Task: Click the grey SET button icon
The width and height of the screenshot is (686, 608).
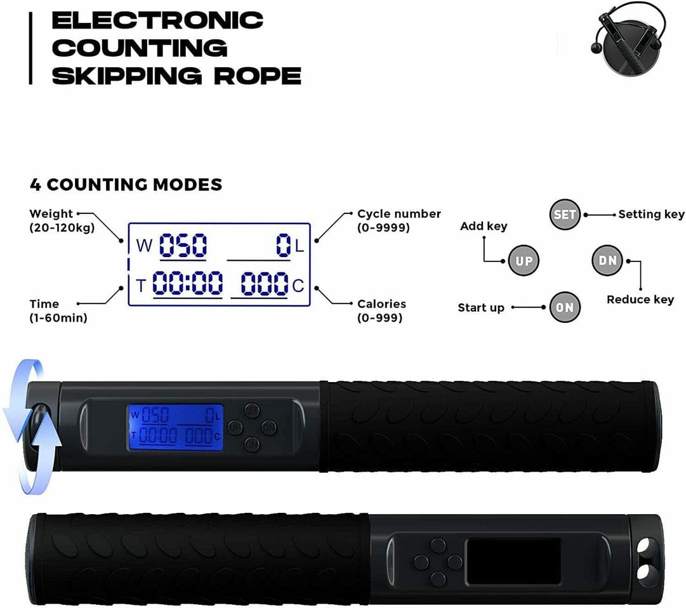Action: (565, 215)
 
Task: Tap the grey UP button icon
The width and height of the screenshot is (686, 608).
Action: (524, 261)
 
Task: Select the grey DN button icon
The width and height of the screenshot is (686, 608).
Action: (607, 260)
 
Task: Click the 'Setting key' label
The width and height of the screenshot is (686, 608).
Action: (651, 215)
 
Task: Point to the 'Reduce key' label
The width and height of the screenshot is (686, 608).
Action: (640, 300)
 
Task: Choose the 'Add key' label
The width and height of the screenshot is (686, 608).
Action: (484, 226)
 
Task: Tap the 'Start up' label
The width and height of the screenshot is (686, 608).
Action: (481, 308)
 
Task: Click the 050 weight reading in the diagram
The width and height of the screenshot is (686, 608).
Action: (183, 245)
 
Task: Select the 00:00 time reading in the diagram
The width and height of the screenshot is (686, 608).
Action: (187, 283)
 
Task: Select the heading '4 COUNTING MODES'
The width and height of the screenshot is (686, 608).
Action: (126, 185)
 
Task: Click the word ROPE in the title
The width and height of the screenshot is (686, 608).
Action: (258, 76)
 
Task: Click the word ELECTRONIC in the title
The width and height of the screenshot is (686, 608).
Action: (157, 20)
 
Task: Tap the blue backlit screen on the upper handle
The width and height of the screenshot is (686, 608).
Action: (175, 427)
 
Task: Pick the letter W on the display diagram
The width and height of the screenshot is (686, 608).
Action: (144, 246)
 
